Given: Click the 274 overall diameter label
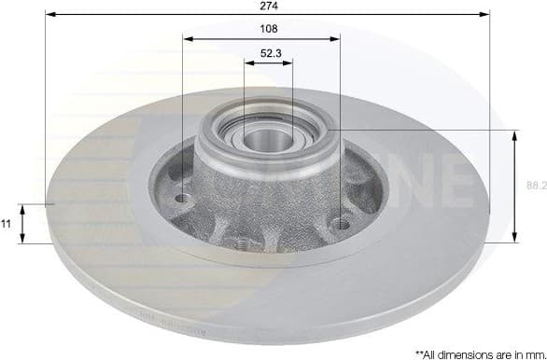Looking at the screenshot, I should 269,6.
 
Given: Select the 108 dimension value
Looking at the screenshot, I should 268,29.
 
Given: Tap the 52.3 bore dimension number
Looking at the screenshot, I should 268,53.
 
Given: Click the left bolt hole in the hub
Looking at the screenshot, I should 182,199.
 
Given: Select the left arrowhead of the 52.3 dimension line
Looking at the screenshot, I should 248,63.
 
